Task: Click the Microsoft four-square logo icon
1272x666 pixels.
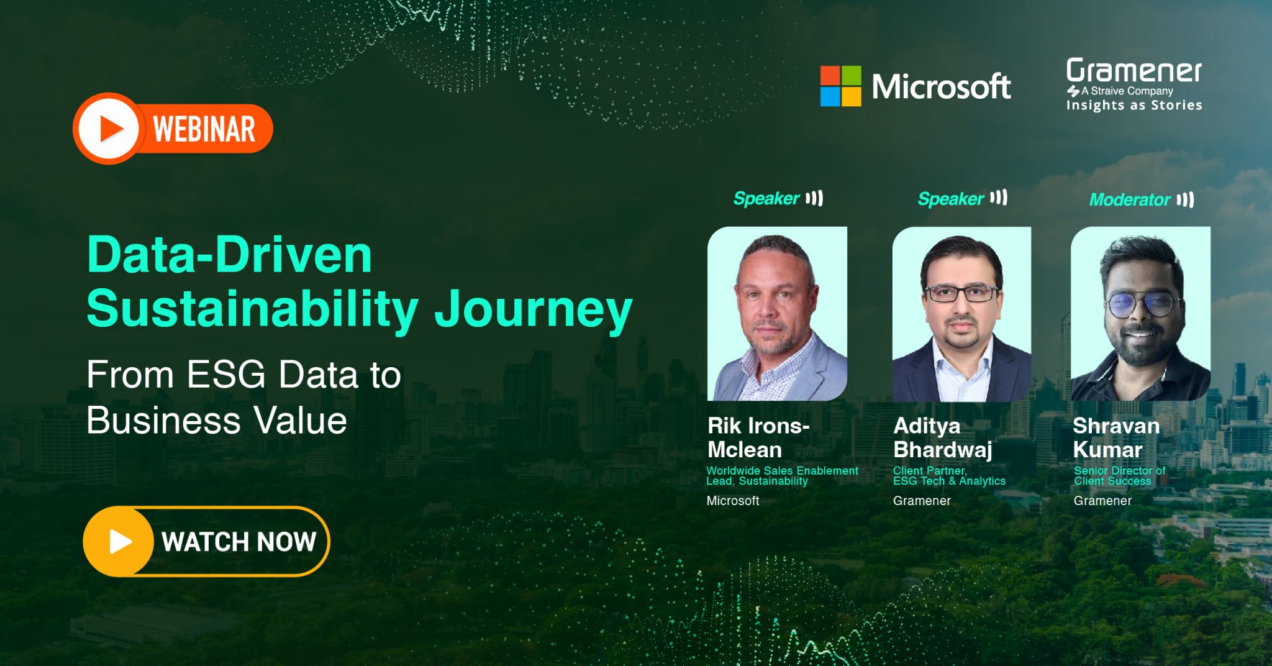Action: coord(840,86)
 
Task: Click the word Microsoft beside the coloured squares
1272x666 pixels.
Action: coord(941,86)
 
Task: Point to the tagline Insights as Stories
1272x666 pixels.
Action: coord(1134,105)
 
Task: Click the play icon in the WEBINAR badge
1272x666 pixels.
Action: coord(109,129)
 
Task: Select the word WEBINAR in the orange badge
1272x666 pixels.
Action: coord(204,129)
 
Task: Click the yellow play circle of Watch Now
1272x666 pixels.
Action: coord(118,541)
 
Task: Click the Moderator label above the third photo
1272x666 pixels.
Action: coord(1130,199)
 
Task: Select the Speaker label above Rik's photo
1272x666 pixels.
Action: coord(766,198)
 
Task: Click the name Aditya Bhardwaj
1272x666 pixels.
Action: coord(943,437)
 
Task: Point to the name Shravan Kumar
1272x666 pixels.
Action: coord(1116,437)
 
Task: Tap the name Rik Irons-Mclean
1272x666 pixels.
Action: coord(758,437)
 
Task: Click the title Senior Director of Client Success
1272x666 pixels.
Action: coord(1119,476)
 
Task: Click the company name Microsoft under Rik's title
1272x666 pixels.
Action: coord(733,501)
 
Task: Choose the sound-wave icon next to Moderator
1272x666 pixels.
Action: coord(1185,199)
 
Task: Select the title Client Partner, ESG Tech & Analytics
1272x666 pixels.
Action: coord(949,476)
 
